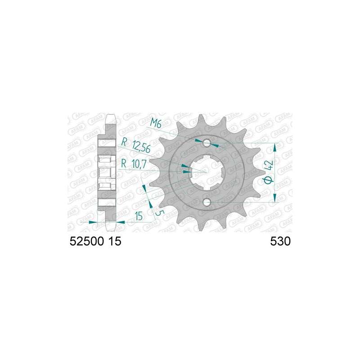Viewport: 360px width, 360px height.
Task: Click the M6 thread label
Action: pos(156,124)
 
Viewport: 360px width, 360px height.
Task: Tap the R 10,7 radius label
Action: pos(134,164)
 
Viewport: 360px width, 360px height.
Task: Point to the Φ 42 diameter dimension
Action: pos(268,172)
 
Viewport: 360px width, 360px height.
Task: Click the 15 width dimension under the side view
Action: pos(139,216)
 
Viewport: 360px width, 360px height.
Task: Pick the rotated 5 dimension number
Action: pos(160,212)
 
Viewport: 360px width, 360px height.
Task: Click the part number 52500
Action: pos(86,242)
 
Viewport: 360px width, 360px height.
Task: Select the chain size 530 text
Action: pos(280,242)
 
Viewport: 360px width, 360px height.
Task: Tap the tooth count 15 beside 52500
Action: pos(115,242)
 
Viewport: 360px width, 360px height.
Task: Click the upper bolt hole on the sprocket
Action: pos(207,143)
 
